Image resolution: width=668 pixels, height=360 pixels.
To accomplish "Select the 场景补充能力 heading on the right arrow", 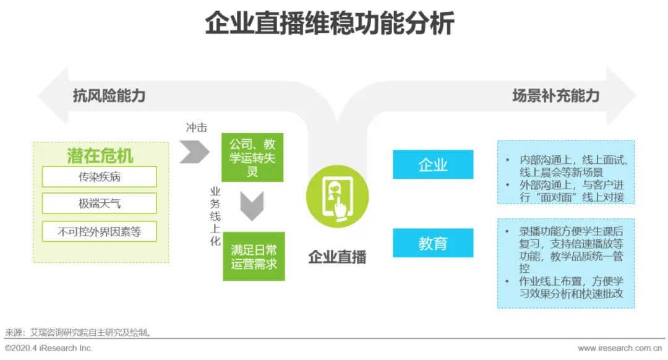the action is click(x=555, y=96).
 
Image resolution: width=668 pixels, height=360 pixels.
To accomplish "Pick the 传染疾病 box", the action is click(x=100, y=177).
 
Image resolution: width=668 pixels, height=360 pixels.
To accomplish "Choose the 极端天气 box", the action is click(x=100, y=204).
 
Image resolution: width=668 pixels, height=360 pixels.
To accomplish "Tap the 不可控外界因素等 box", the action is click(x=100, y=232).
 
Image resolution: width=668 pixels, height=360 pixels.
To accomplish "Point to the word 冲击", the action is click(x=196, y=128).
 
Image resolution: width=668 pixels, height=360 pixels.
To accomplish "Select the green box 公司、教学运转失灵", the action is click(x=252, y=157).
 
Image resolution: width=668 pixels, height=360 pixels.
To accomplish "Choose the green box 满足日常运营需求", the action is click(x=254, y=257).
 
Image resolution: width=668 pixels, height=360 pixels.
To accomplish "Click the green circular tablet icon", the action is click(x=337, y=196).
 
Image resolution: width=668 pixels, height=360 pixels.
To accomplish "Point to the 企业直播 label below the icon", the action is click(x=337, y=257).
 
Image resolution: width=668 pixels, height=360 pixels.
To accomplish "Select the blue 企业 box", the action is click(x=433, y=165).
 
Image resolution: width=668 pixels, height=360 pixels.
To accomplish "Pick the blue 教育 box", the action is click(x=433, y=243).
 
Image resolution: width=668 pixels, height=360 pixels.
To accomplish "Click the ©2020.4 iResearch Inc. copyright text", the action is click(x=49, y=348).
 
